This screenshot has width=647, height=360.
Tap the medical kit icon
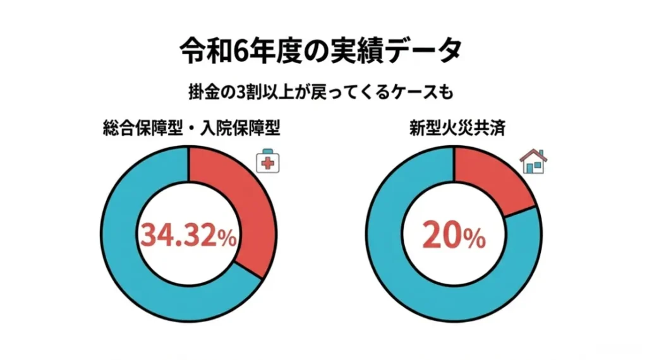[x=268, y=163]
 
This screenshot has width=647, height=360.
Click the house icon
[x=534, y=162]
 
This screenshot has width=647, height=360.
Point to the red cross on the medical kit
[x=269, y=164]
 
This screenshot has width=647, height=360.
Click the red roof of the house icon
[x=534, y=155]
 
